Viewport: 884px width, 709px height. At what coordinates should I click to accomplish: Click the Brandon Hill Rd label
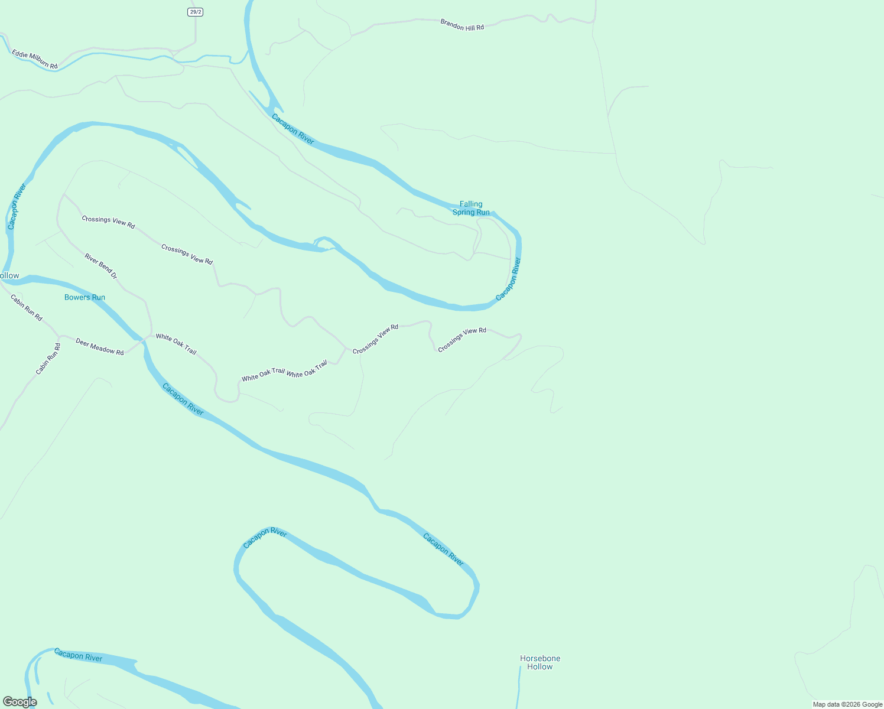click(x=462, y=25)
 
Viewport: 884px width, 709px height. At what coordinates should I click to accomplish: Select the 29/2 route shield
click(x=195, y=12)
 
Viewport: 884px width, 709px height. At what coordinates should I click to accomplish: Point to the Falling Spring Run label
click(x=471, y=208)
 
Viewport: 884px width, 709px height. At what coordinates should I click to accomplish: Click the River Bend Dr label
click(x=101, y=266)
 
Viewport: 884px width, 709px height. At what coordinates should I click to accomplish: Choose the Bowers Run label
click(x=84, y=297)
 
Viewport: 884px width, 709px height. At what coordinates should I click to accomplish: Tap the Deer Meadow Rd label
click(x=100, y=347)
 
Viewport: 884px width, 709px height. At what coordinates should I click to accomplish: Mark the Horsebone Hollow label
click(x=540, y=662)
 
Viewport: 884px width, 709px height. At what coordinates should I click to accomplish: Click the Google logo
click(x=20, y=702)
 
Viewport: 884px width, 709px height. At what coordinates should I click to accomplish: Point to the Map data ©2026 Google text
click(x=847, y=704)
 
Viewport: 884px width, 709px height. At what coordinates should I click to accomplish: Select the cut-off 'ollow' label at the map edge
click(x=9, y=276)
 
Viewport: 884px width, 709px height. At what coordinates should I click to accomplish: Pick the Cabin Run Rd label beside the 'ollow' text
click(x=27, y=308)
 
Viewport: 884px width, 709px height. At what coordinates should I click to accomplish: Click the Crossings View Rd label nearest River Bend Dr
click(x=108, y=222)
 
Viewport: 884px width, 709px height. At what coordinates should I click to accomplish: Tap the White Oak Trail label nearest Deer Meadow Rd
click(x=176, y=344)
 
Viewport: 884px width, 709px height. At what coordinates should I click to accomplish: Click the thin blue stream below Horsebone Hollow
click(x=519, y=688)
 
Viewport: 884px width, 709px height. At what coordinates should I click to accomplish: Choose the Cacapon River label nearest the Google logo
click(x=78, y=655)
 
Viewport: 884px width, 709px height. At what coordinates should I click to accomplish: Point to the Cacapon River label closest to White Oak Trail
click(x=183, y=399)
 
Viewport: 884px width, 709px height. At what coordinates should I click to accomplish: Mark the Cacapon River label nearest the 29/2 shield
click(x=293, y=129)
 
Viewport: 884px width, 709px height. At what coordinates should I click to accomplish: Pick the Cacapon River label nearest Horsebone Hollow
click(x=443, y=549)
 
